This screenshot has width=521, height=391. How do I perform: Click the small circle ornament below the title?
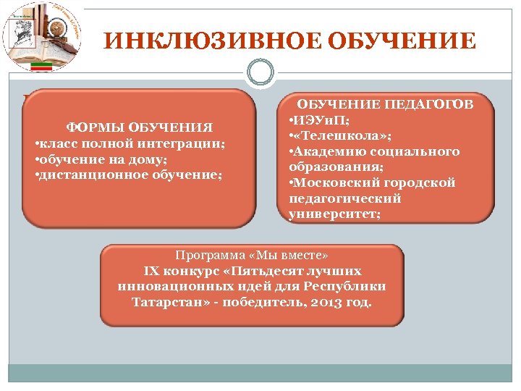tap(260, 73)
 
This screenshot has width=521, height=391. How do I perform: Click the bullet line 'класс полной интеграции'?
tap(130, 143)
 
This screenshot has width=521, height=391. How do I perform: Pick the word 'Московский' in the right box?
tap(332, 182)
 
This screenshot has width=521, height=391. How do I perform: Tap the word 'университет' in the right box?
tap(332, 214)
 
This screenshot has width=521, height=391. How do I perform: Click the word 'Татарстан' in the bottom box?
tap(165, 302)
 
